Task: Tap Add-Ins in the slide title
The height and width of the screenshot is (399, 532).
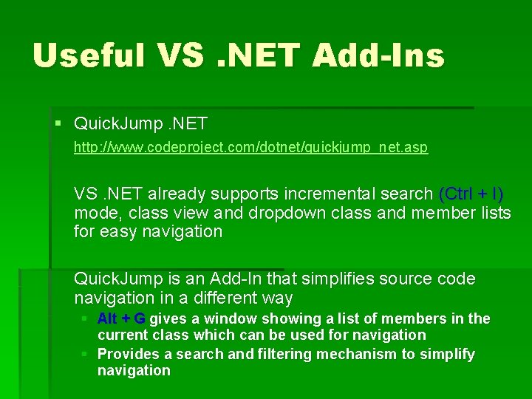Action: click(378, 55)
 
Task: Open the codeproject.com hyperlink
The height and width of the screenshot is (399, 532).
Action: click(250, 148)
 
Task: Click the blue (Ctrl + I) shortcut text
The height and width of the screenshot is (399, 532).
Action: click(471, 194)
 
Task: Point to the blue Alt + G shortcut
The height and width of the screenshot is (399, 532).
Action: click(121, 318)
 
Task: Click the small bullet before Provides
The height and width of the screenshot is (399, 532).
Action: click(85, 354)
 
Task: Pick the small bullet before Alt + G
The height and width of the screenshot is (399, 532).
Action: click(85, 318)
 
